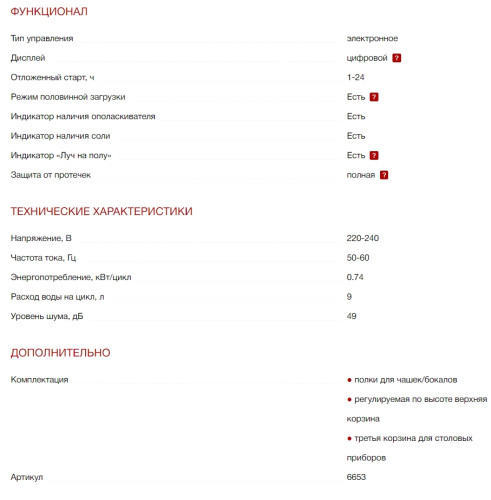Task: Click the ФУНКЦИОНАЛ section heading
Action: [48, 12]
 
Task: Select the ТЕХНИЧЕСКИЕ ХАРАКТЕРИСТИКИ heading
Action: [101, 211]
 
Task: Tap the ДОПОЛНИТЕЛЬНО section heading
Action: [60, 352]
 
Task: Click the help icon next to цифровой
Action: [397, 58]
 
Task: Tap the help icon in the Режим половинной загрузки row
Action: [374, 97]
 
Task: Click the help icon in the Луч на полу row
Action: [374, 155]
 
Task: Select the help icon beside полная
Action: [384, 175]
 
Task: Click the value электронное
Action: [372, 38]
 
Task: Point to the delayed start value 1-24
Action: [355, 77]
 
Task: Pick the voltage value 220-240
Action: [363, 238]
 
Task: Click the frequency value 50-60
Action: [358, 258]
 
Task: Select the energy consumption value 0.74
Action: [355, 277]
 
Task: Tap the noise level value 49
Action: [352, 316]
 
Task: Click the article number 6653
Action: [356, 477]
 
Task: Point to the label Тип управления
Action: [41, 38]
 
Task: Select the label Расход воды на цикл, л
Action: [57, 297]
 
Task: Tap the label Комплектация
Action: [39, 380]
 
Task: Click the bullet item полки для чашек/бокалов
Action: [405, 380]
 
